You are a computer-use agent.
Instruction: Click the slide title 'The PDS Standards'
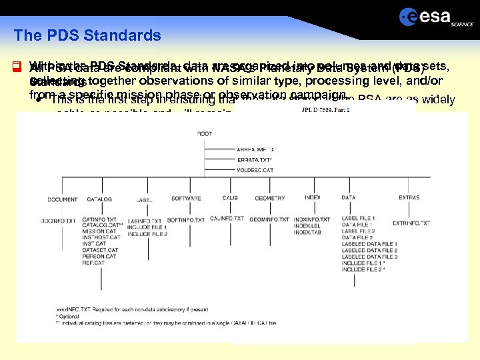pyautogui.click(x=87, y=35)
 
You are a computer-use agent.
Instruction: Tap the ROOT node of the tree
pyautogui.click(x=205, y=134)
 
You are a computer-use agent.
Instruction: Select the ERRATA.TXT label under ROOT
pyautogui.click(x=254, y=160)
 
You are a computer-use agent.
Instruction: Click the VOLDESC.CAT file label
pyautogui.click(x=255, y=171)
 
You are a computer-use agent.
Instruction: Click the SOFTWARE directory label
pyautogui.click(x=186, y=199)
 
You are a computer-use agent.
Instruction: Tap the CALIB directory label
pyautogui.click(x=229, y=198)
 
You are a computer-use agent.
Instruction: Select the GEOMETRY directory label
pyautogui.click(x=270, y=198)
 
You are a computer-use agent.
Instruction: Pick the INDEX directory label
pyautogui.click(x=312, y=198)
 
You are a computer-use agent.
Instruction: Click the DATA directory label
pyautogui.click(x=348, y=198)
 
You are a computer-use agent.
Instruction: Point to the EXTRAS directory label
pyautogui.click(x=409, y=198)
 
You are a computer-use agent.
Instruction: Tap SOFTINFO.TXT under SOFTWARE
pyautogui.click(x=186, y=220)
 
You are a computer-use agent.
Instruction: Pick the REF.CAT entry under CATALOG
pyautogui.click(x=93, y=272)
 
